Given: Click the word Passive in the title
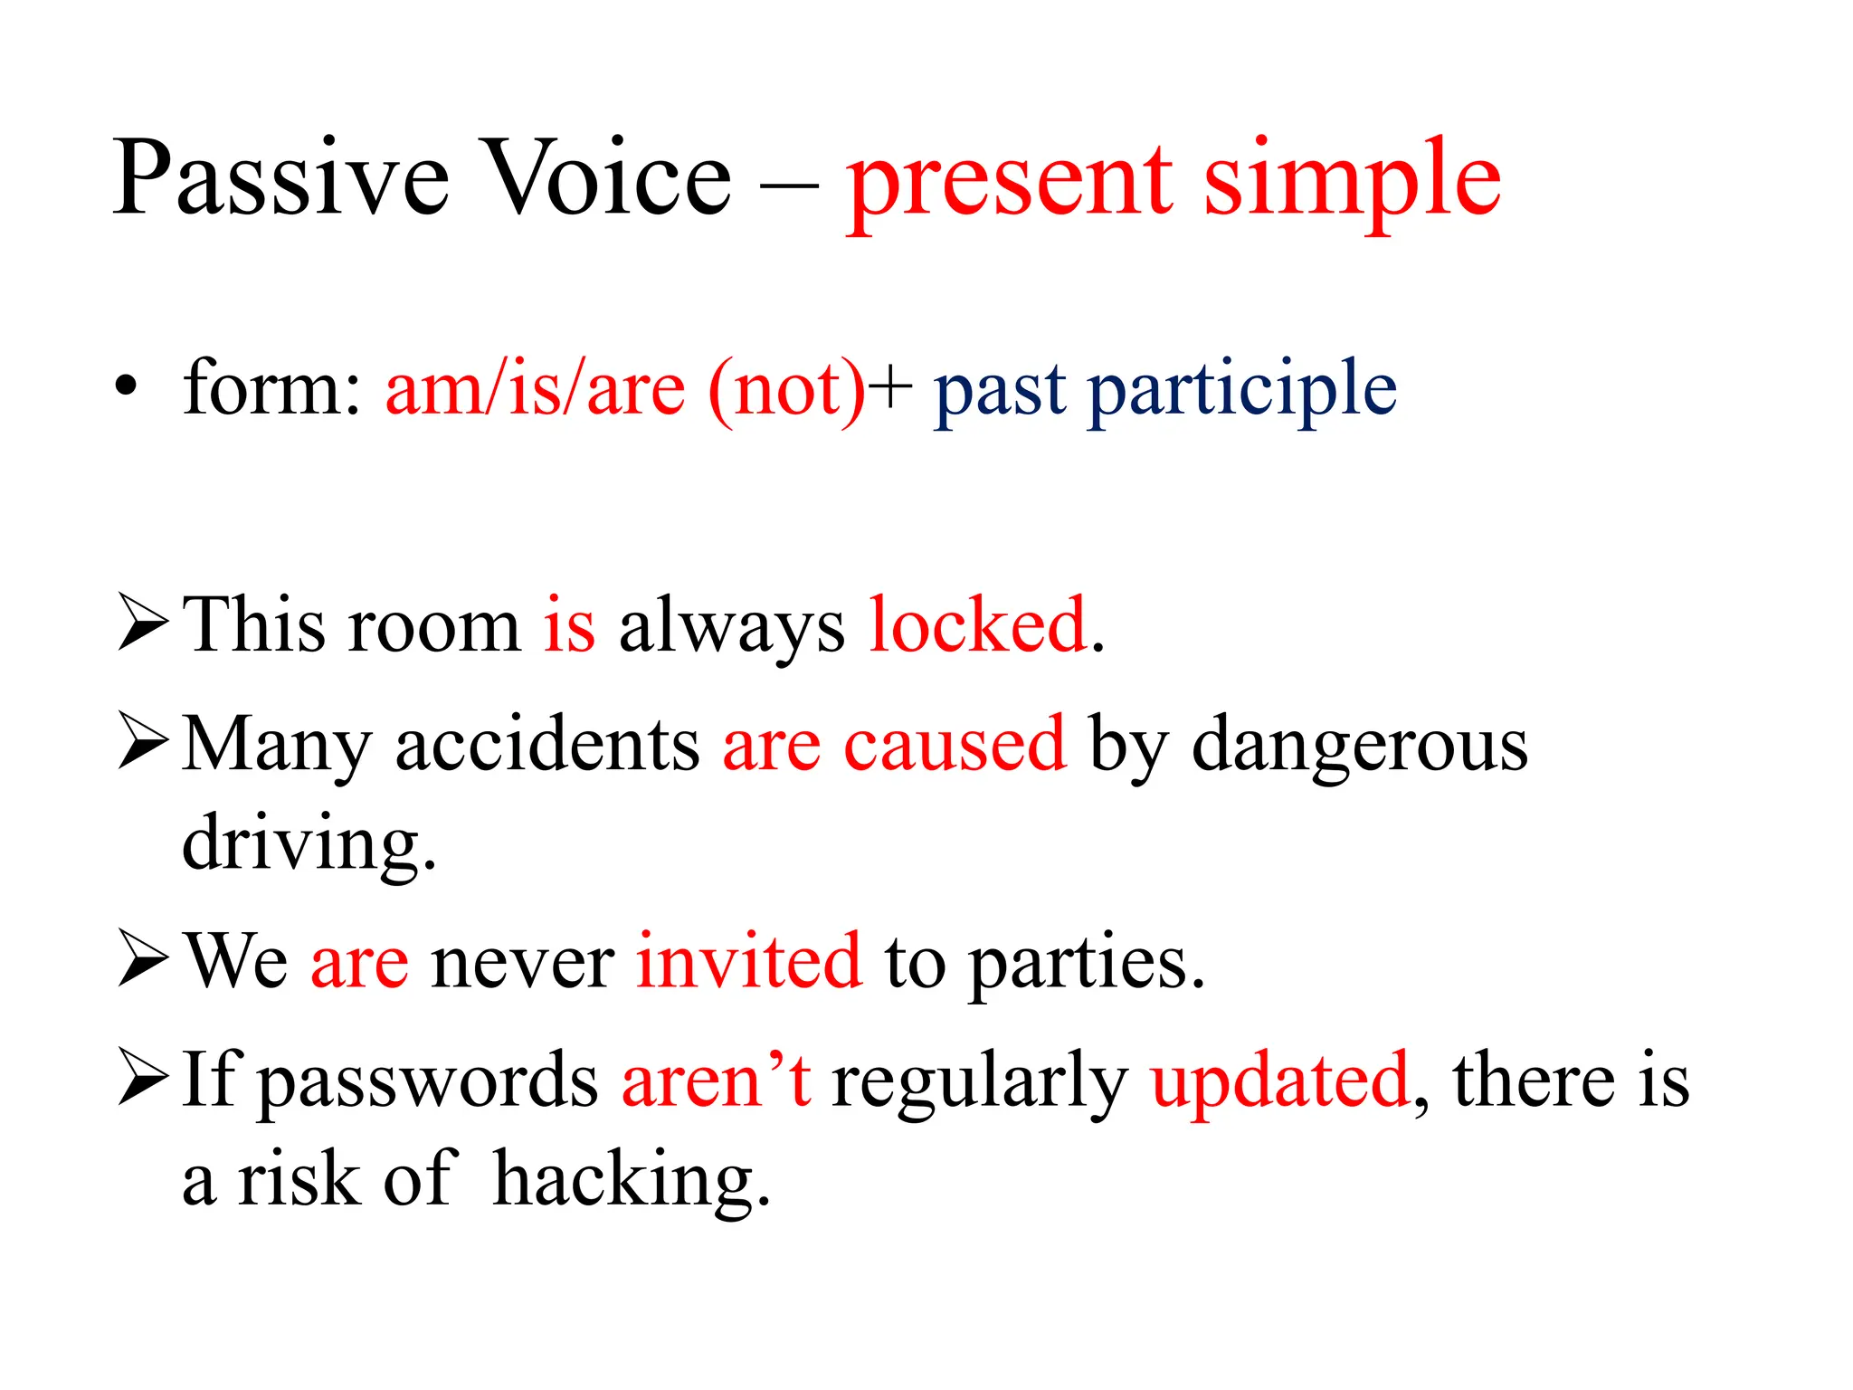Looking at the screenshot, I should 280,178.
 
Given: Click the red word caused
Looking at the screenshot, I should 955,744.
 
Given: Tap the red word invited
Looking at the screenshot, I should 748,961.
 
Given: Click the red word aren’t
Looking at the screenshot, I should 716,1080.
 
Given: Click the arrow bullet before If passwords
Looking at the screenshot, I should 143,1078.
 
